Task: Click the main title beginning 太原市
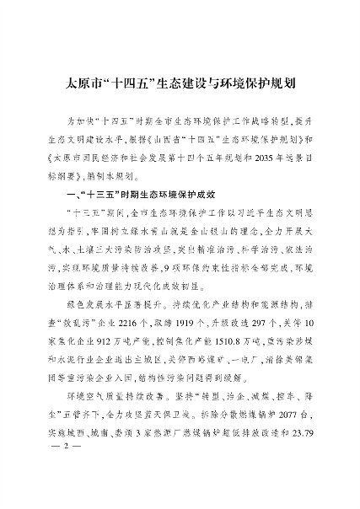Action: click(x=179, y=84)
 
